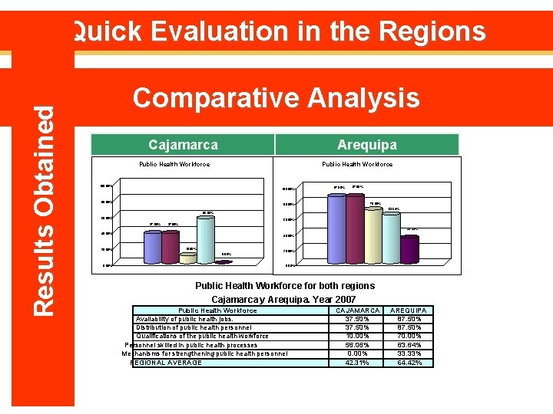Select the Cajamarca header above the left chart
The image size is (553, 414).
tap(183, 144)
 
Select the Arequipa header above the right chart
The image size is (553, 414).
tap(367, 144)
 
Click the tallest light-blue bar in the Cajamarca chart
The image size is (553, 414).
tap(206, 239)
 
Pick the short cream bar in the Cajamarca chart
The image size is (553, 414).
tap(188, 258)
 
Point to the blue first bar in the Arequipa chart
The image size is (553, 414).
tap(336, 228)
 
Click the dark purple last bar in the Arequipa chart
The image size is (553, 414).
tap(409, 249)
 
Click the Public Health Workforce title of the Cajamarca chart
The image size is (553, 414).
tap(174, 164)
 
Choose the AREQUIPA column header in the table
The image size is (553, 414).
tap(408, 310)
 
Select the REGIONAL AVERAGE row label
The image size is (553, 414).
tap(167, 363)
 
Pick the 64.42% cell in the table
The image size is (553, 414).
tap(408, 363)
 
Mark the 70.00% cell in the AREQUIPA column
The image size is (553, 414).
tap(408, 336)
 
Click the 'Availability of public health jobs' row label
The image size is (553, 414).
tap(184, 319)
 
